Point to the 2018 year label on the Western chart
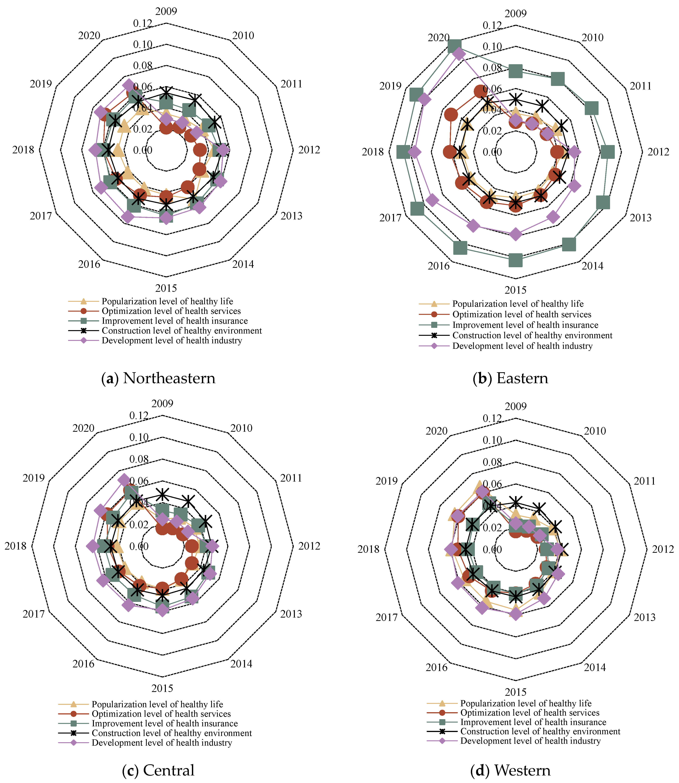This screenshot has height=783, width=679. pyautogui.click(x=368, y=549)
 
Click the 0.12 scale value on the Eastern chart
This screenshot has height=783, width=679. pyautogui.click(x=492, y=26)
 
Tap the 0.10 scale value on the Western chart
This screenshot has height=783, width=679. pyautogui.click(x=492, y=441)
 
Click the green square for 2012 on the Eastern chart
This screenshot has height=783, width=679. pyautogui.click(x=608, y=152)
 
